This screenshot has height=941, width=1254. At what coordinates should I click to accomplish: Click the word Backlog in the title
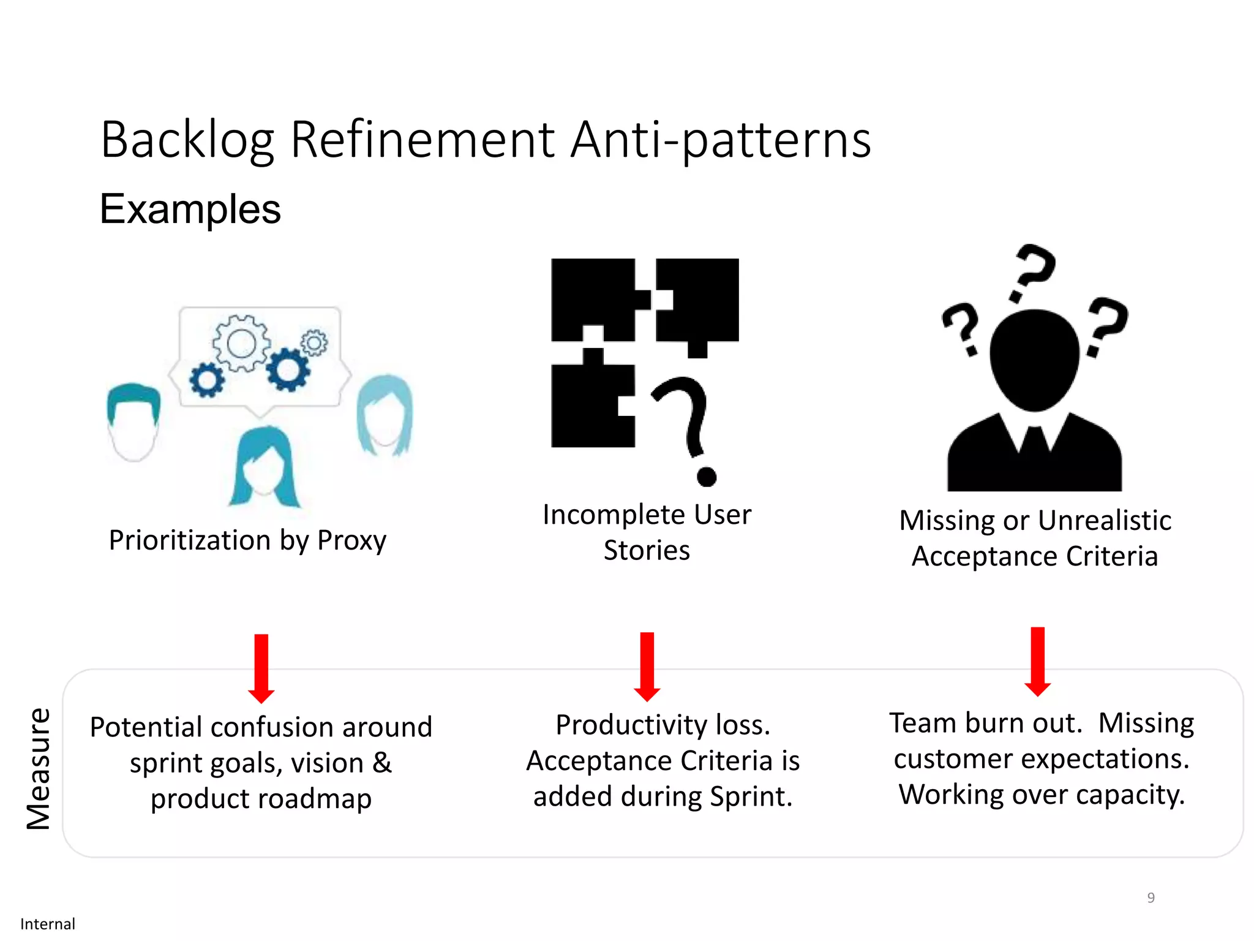(187, 141)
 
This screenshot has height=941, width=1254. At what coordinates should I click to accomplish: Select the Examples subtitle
(190, 210)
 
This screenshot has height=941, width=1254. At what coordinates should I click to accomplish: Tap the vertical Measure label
(39, 769)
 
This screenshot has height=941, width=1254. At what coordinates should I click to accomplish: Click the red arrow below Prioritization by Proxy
(261, 668)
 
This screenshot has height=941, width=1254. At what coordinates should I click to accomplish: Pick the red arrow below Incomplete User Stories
(647, 667)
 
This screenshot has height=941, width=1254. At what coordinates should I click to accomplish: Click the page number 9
(1151, 898)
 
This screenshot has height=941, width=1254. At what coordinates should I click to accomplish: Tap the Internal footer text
(48, 924)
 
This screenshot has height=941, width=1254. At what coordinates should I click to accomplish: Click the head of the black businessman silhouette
(1034, 358)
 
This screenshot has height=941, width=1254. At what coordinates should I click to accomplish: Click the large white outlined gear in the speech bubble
(241, 343)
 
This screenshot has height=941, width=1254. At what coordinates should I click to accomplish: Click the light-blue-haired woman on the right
(385, 417)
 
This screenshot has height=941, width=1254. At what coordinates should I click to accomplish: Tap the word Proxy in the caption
(351, 541)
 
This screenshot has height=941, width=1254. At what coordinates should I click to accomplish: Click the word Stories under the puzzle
(647, 551)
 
